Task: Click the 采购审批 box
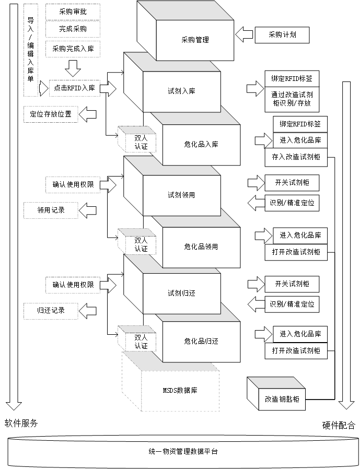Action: pyautogui.click(x=73, y=11)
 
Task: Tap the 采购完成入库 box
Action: pyautogui.click(x=73, y=49)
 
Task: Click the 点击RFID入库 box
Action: pyautogui.click(x=73, y=88)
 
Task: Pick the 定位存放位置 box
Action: pyautogui.click(x=50, y=114)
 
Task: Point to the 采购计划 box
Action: pyautogui.click(x=282, y=35)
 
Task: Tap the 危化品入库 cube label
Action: pyautogui.click(x=201, y=144)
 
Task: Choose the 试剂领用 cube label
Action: pyautogui.click(x=181, y=195)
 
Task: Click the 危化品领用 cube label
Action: pyautogui.click(x=201, y=247)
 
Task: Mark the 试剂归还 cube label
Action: pyautogui.click(x=181, y=293)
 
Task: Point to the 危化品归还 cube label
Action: pyautogui.click(x=201, y=342)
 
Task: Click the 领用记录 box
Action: pyautogui.click(x=50, y=210)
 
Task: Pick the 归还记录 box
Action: pyautogui.click(x=50, y=310)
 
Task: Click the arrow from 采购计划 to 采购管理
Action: pyautogui.click(x=243, y=36)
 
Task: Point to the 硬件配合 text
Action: pyautogui.click(x=339, y=425)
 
